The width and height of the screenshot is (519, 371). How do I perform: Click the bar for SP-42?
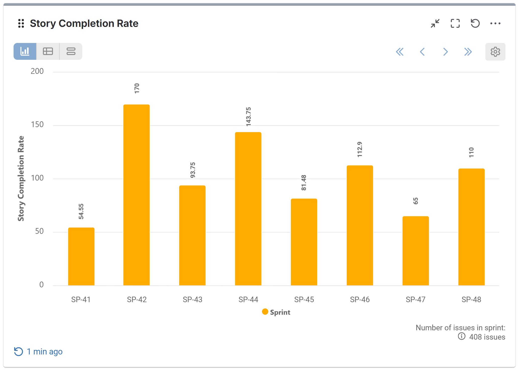(136, 195)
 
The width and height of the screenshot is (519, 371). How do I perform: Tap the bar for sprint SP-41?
(81, 256)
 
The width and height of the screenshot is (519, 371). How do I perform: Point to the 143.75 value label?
(248, 117)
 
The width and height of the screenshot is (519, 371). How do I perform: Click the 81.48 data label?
(304, 183)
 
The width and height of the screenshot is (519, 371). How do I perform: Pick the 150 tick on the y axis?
(37, 125)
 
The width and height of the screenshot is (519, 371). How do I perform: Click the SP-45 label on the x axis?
(304, 299)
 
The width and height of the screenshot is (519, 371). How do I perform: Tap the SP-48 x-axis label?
(471, 299)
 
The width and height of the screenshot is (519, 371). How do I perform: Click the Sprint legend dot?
(265, 312)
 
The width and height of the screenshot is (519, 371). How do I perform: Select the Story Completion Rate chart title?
(84, 23)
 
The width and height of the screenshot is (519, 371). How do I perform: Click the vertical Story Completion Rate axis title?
(21, 178)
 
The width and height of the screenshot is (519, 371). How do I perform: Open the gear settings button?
(495, 52)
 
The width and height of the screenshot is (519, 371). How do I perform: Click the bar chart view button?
(25, 51)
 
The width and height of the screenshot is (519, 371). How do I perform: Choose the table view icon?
(48, 51)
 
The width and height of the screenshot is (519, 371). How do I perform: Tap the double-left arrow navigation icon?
(400, 52)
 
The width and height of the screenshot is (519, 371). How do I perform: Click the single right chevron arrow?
(445, 52)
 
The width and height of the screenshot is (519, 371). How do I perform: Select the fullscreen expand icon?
(455, 23)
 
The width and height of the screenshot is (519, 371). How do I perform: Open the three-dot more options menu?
(495, 23)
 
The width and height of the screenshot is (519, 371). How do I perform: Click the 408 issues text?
(487, 337)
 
